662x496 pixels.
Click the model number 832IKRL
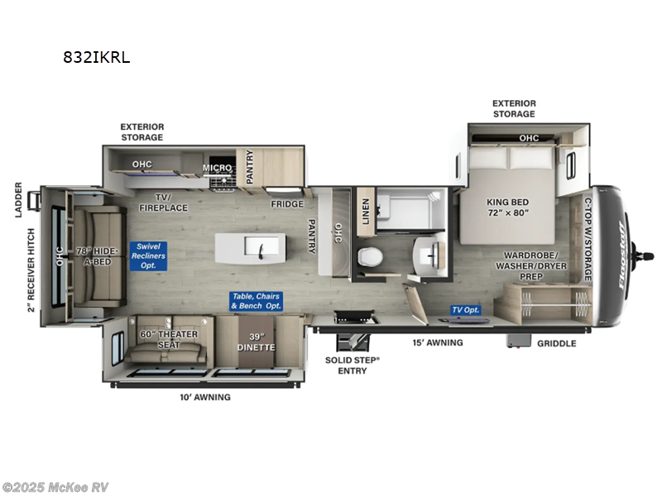[98, 58]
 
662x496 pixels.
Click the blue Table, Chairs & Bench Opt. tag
[256, 301]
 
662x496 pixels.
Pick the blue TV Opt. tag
[465, 310]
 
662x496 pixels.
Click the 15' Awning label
[438, 342]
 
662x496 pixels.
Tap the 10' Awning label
[205, 397]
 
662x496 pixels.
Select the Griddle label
[556, 343]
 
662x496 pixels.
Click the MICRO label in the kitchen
[218, 168]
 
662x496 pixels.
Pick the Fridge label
[287, 204]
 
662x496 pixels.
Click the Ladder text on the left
[18, 200]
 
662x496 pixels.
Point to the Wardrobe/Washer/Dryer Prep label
[530, 266]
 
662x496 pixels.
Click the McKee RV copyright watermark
[55, 487]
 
